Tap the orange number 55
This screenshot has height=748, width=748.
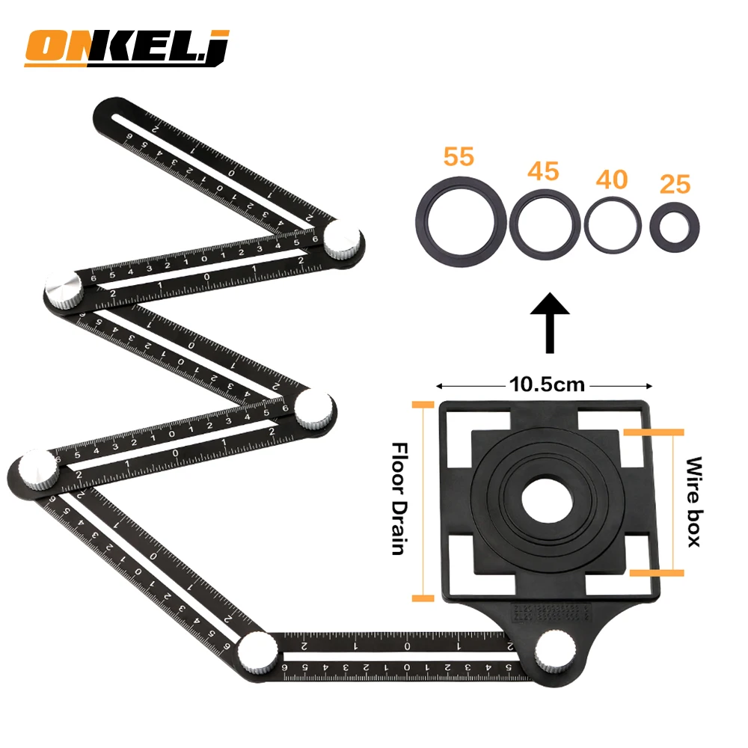click(x=459, y=157)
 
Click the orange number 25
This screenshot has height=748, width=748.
click(x=675, y=184)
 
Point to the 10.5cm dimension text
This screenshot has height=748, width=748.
click(x=548, y=385)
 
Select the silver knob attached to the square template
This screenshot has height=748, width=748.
click(x=554, y=653)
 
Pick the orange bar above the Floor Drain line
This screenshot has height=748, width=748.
click(x=423, y=404)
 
